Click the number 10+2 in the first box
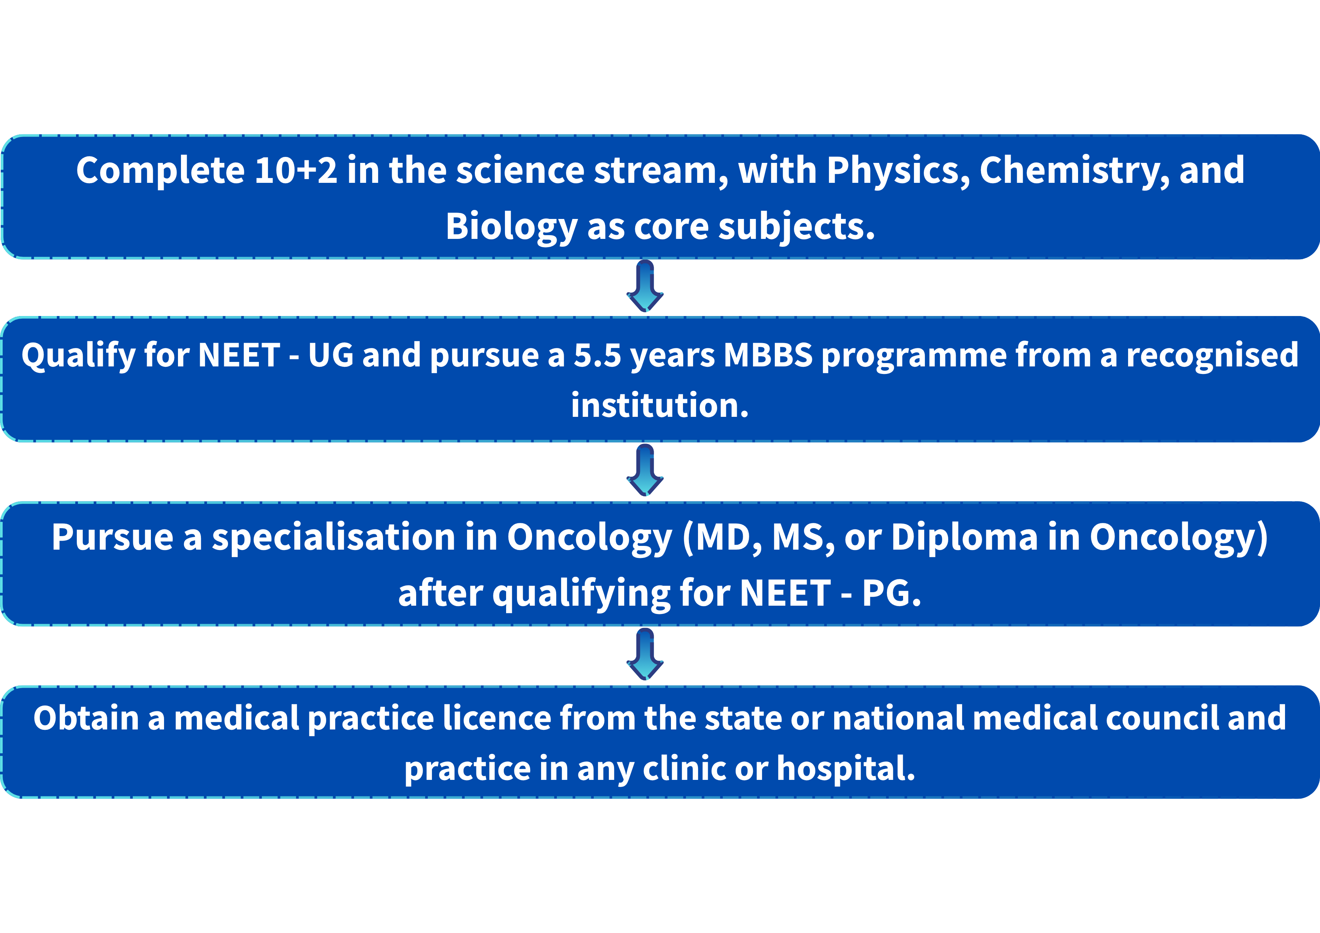[x=295, y=171]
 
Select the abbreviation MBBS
[x=768, y=355]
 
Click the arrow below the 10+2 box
[x=645, y=286]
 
